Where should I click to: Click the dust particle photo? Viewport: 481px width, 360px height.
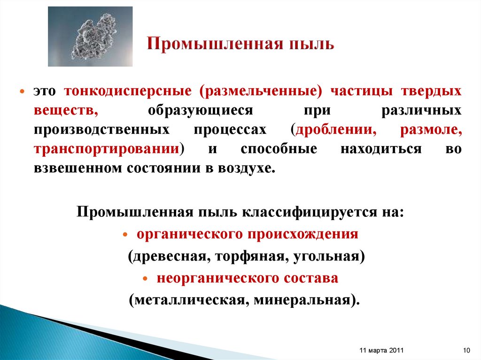[90, 36]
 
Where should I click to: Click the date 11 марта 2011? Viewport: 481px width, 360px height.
[381, 351]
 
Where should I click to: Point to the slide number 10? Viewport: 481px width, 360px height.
[466, 351]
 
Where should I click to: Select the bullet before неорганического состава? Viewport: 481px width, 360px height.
[146, 278]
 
